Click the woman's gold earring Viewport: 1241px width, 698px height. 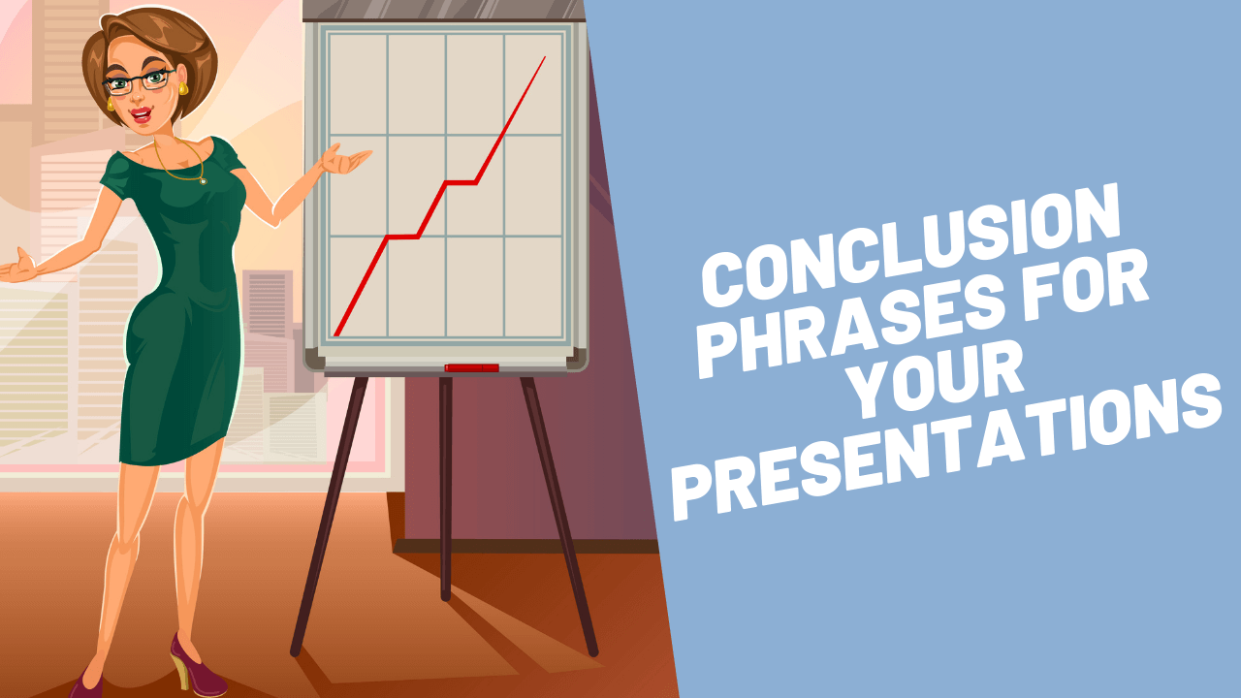pos(182,88)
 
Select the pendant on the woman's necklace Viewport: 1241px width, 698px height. pos(203,180)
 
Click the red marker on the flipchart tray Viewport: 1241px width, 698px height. pos(471,368)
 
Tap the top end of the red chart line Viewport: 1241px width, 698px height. pos(544,57)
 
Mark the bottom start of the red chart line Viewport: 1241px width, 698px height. pos(335,334)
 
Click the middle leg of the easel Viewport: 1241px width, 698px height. pos(445,485)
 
